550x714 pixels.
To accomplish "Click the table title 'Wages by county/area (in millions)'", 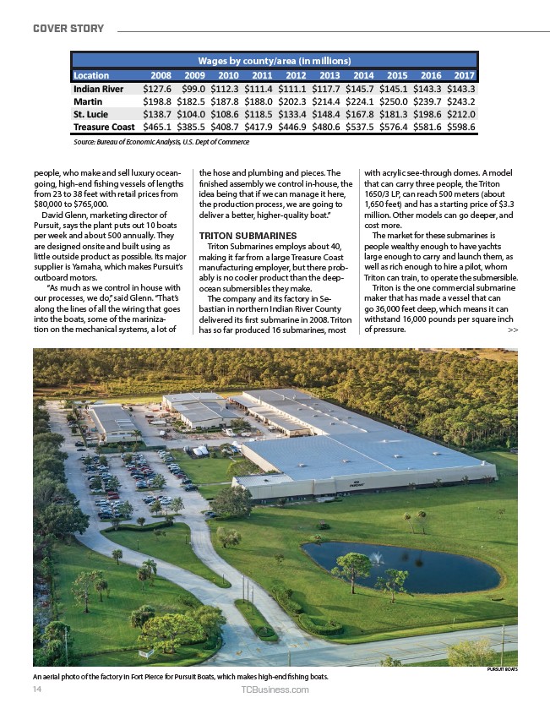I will pyautogui.click(x=275, y=61).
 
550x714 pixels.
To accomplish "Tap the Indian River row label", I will pyautogui.click(x=99, y=88).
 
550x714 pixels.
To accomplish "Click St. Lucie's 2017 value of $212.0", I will pyautogui.click(x=460, y=113).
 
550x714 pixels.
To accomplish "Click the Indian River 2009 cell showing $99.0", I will pyautogui.click(x=193, y=88).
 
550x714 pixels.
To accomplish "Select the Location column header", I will pyautogui.click(x=95, y=74).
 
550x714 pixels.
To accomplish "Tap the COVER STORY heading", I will pyautogui.click(x=68, y=29).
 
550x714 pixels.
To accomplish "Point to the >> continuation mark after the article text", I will pyautogui.click(x=513, y=330).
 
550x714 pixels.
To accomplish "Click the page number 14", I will pyautogui.click(x=38, y=689).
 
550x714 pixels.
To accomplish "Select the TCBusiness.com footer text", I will pyautogui.click(x=275, y=689).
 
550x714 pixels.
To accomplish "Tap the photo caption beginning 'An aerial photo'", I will pyautogui.click(x=180, y=678).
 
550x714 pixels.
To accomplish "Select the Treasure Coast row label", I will pyautogui.click(x=104, y=127).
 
